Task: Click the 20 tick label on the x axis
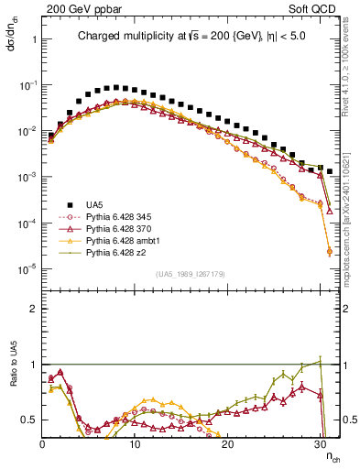(x=227, y=443)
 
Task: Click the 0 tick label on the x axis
(x=42, y=443)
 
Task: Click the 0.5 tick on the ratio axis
(x=30, y=420)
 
